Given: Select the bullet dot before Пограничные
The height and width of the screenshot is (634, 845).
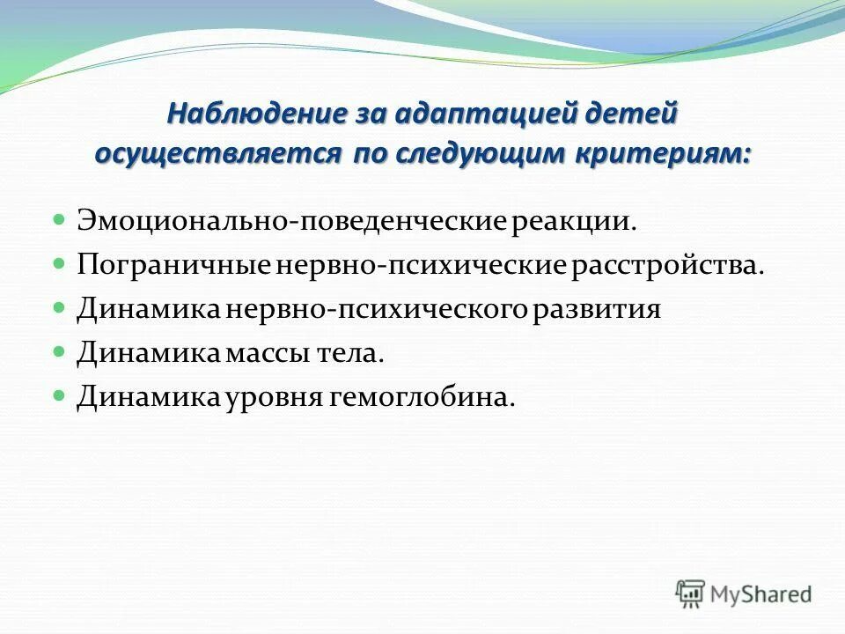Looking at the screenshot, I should point(60,263).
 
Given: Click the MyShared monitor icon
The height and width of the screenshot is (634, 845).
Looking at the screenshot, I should point(691,593).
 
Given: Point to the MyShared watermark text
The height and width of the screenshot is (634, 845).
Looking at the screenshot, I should point(761,594).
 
